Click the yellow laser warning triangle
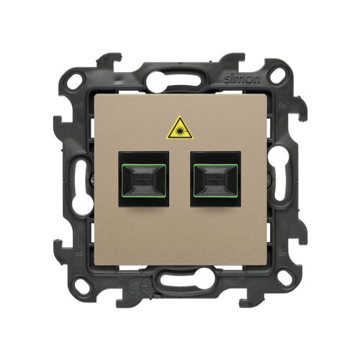[x=179, y=129]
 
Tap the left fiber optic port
[x=144, y=179]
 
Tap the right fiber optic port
[x=215, y=179]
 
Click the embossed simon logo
[x=242, y=79]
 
